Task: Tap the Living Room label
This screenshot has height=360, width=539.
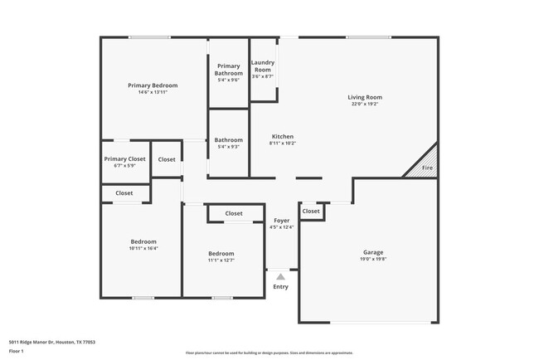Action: [364, 98]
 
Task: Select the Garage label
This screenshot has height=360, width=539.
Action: [373, 252]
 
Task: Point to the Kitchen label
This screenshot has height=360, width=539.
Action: [282, 137]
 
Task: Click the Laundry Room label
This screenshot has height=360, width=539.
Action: [263, 66]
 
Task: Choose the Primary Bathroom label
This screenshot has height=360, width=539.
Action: [228, 69]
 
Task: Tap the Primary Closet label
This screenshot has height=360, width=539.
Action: [124, 158]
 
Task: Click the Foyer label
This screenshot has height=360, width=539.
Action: [281, 221]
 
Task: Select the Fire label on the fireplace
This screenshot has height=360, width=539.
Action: [427, 168]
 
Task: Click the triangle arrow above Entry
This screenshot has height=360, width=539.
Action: [281, 277]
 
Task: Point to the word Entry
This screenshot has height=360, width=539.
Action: [281, 287]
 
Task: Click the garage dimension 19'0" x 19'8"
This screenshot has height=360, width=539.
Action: [373, 259]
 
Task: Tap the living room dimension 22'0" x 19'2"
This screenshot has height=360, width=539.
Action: [364, 105]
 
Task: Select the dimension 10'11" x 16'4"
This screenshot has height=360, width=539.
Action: [143, 248]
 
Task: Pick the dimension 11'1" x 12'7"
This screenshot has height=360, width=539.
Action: [221, 260]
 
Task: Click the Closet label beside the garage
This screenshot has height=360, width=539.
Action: [311, 212]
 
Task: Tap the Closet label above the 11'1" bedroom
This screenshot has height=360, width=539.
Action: [234, 213]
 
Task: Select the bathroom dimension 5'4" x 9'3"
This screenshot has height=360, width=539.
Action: [229, 147]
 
